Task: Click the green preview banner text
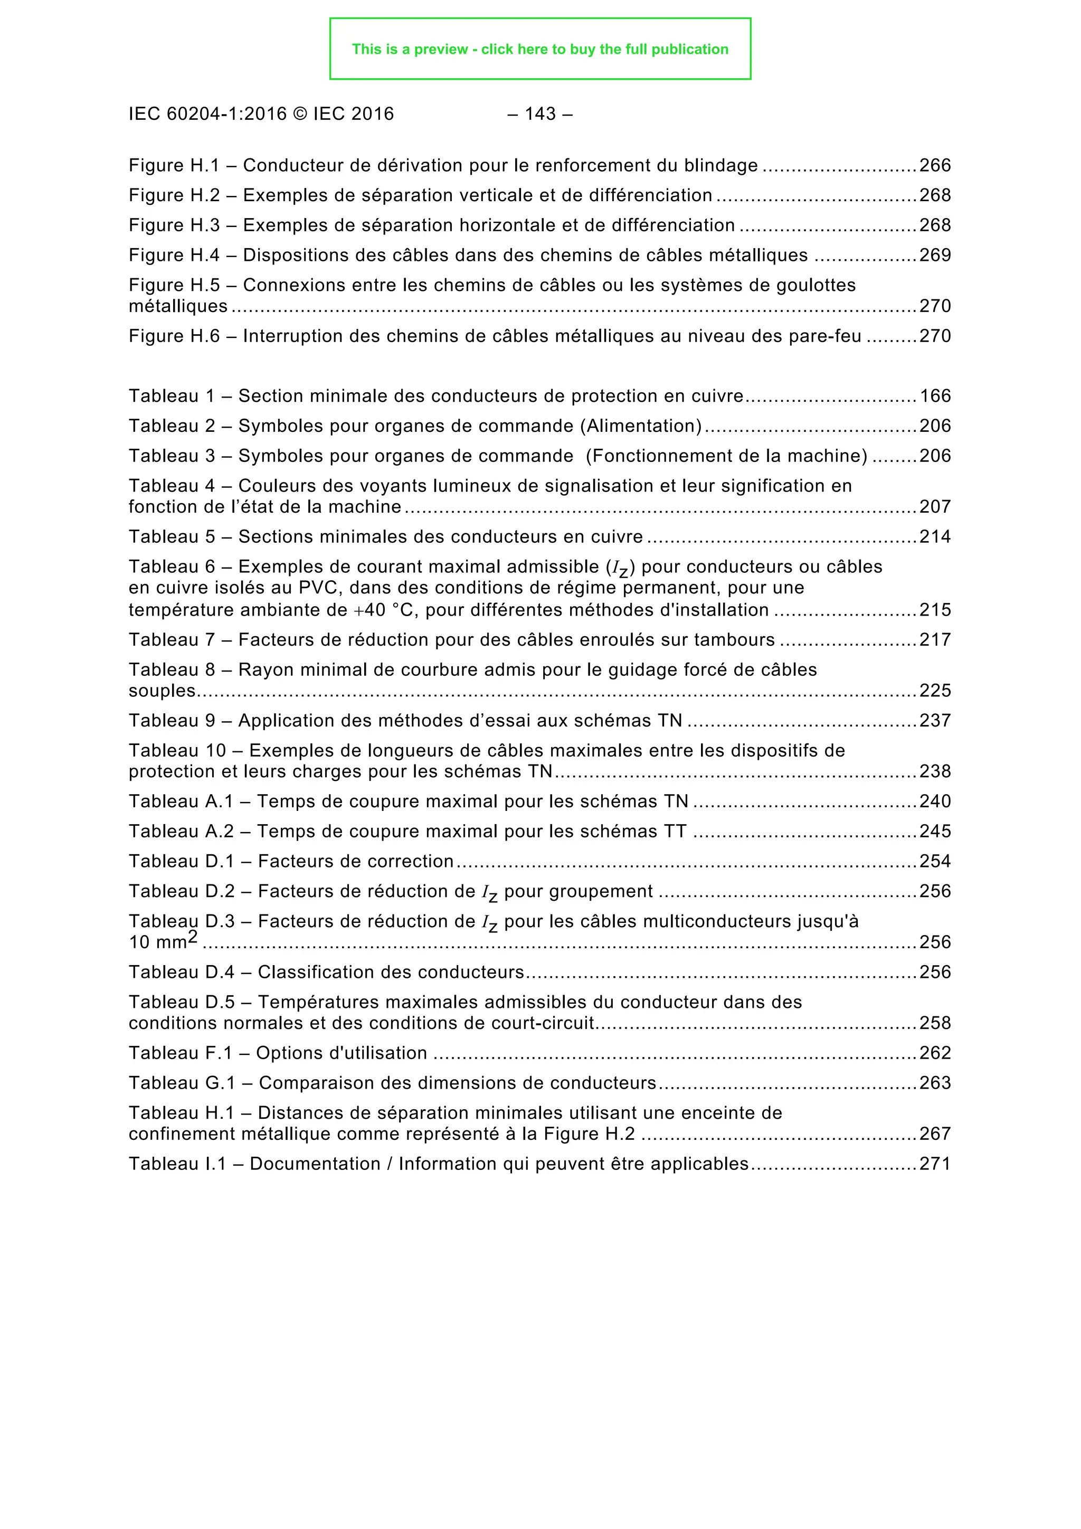[540, 49]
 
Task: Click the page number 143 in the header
[540, 114]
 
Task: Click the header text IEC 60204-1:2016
[207, 114]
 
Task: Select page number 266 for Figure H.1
[935, 165]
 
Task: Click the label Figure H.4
[174, 255]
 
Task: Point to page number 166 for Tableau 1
[935, 395]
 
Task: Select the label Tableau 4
[172, 486]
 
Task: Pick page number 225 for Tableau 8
[935, 690]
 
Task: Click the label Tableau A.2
[181, 831]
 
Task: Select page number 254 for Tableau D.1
[935, 861]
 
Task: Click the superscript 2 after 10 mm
[192, 938]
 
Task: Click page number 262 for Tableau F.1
[935, 1053]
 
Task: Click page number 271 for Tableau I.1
[935, 1164]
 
